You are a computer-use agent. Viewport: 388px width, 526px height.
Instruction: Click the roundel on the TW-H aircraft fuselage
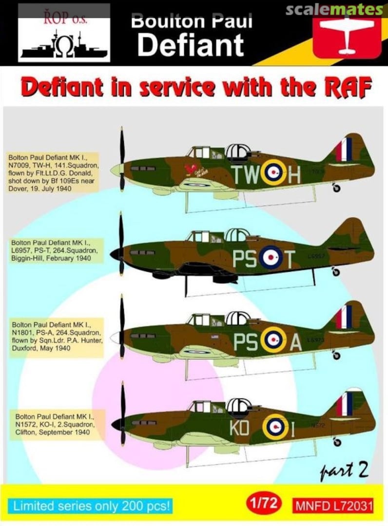click(273, 172)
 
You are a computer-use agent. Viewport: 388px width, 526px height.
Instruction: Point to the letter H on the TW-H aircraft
click(294, 174)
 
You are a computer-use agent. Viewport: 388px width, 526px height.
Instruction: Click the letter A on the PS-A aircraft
click(295, 343)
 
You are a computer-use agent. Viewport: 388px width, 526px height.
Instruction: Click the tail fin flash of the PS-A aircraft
click(344, 317)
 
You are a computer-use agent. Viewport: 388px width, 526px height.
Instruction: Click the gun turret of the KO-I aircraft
click(239, 406)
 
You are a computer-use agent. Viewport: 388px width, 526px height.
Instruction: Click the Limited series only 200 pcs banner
click(92, 506)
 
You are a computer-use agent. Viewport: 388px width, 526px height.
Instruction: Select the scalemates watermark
click(334, 9)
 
